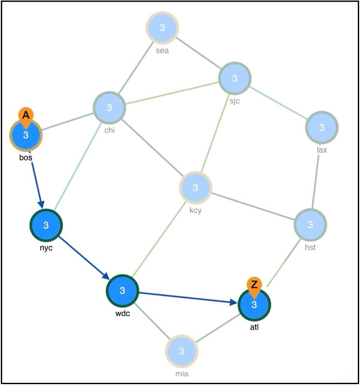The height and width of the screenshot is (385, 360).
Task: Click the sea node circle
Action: [x=162, y=28]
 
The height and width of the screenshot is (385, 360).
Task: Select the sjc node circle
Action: [x=235, y=78]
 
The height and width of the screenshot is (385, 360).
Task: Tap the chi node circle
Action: [x=109, y=107]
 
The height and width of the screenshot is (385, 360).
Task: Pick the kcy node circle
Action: [x=195, y=188]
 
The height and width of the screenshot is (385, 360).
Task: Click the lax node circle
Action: [x=322, y=127]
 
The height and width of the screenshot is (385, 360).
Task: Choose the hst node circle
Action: [x=310, y=225]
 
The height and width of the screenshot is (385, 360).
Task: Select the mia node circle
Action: [x=182, y=351]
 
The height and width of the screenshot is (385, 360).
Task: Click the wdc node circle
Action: [x=122, y=291]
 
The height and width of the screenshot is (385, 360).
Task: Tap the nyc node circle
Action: [x=46, y=225]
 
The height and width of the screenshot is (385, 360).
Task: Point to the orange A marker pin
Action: [x=26, y=117]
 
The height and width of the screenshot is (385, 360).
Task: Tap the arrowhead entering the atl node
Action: [x=234, y=302]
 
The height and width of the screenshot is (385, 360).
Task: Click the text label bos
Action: [x=25, y=158]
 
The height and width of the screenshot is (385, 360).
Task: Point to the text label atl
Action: [x=254, y=327]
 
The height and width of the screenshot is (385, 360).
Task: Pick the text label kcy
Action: [x=195, y=211]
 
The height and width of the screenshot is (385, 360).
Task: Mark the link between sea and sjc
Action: [x=199, y=53]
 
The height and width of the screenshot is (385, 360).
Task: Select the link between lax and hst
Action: [x=316, y=176]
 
